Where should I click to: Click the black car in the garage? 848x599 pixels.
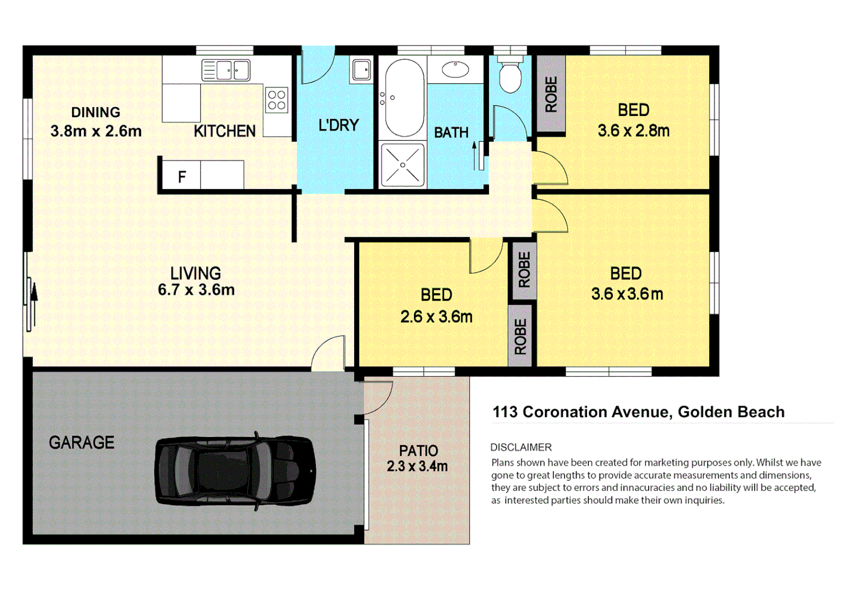click(235, 471)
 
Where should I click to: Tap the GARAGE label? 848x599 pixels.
click(82, 443)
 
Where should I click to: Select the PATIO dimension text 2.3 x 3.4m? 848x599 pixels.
click(417, 466)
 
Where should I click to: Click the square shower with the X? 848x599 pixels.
click(403, 165)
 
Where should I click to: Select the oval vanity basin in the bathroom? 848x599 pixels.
click(456, 70)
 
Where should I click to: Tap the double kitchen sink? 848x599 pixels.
click(226, 70)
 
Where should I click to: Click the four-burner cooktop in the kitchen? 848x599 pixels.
click(276, 100)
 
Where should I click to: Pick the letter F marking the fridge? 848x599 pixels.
click(181, 177)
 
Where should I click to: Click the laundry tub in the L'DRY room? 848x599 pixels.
click(361, 70)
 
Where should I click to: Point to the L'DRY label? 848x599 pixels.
click(339, 125)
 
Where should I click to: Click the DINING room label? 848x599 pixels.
click(95, 113)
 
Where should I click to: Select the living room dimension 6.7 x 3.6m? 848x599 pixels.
click(196, 290)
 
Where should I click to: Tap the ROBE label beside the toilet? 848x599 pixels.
click(551, 94)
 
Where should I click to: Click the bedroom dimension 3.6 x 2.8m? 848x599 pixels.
click(633, 131)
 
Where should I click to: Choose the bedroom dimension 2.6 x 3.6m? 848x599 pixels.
click(436, 317)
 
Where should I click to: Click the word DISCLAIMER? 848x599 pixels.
click(521, 448)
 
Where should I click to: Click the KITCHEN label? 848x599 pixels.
click(225, 131)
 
